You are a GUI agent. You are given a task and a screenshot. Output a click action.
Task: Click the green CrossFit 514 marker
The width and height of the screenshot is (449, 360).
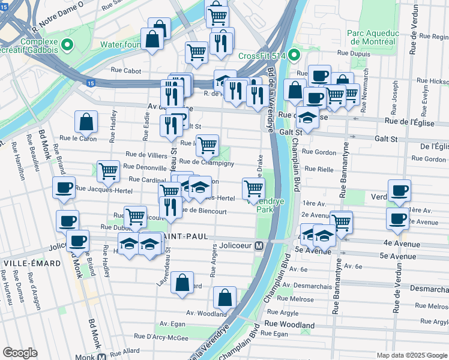click(x=294, y=56)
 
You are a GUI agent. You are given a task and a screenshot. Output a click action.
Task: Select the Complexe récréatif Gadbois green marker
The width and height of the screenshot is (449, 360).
click(x=67, y=44)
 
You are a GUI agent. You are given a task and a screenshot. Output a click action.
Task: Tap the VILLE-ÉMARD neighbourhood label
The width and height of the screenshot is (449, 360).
click(x=31, y=263)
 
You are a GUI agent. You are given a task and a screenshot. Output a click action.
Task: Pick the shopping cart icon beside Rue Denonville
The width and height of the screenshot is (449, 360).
click(x=108, y=171)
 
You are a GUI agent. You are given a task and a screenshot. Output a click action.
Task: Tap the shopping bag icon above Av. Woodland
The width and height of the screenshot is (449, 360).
click(x=224, y=296)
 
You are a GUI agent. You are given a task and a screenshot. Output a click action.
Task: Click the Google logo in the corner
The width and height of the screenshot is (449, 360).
click(x=20, y=352)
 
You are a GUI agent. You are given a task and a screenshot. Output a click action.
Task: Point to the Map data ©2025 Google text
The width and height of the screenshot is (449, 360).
click(x=411, y=355)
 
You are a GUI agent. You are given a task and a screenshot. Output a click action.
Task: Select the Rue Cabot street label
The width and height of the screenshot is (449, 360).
click(x=126, y=71)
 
